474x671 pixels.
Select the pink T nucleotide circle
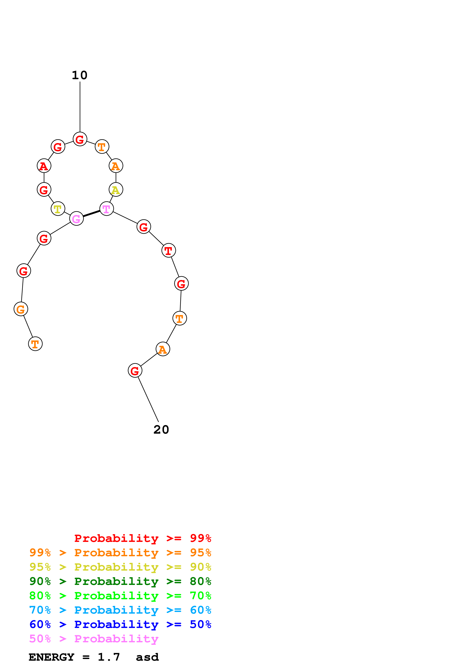(107, 209)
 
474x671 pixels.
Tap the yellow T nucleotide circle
(58, 209)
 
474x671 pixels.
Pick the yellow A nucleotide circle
(116, 190)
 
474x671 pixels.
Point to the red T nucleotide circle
(168, 250)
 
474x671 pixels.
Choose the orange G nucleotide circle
(21, 309)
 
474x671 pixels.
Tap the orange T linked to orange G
(35, 344)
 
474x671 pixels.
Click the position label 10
(80, 75)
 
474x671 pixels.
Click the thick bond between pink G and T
(91, 214)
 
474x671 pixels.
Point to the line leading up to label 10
(80, 107)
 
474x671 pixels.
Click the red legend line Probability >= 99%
(142, 538)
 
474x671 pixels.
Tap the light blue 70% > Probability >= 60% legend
(120, 610)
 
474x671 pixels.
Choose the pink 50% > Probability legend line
(94, 638)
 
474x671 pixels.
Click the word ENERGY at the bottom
(51, 657)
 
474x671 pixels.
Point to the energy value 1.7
(109, 657)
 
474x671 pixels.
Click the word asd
(147, 657)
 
